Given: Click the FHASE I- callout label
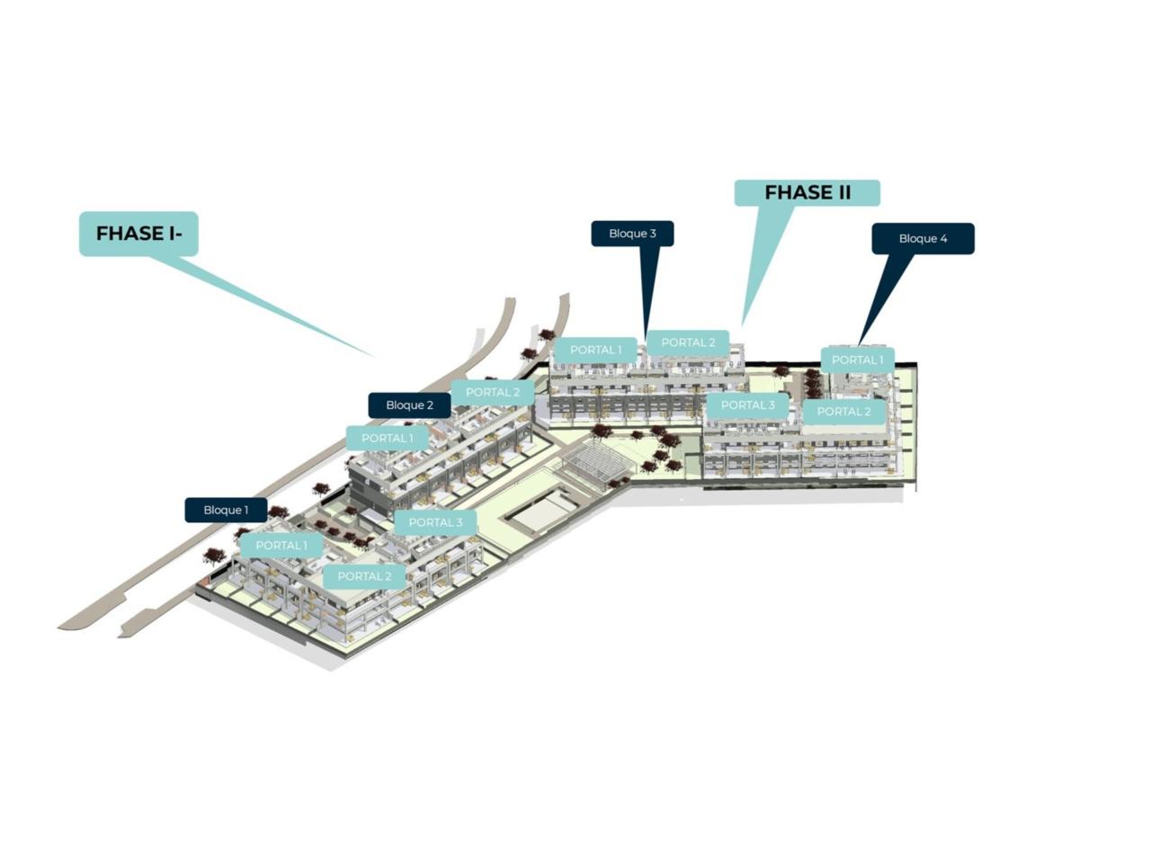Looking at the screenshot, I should pos(138,234).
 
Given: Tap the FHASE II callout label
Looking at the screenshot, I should pos(807,192).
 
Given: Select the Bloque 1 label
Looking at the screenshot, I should pos(226,511).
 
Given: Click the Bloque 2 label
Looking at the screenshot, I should pos(409,405).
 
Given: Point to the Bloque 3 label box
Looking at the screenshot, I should pos(632,234).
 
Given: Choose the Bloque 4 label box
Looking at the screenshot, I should pos(923,239).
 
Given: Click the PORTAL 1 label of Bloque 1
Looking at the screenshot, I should pos(281,546).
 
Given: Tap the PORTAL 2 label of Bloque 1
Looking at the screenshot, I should pos(364,576).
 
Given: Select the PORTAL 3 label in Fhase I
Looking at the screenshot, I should pos(435,522).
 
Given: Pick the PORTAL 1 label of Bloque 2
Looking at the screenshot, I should pos(387,439).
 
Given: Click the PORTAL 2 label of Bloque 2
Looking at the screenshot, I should pos(492,392).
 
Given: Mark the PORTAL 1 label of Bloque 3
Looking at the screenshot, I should pos(595,350).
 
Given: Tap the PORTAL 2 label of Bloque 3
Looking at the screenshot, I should pos(688,343).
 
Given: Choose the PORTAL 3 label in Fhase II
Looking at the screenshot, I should pos(747,405).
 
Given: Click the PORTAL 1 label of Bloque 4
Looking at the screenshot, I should pos(857,360).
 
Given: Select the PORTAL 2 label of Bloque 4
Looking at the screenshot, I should pos(843,412).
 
